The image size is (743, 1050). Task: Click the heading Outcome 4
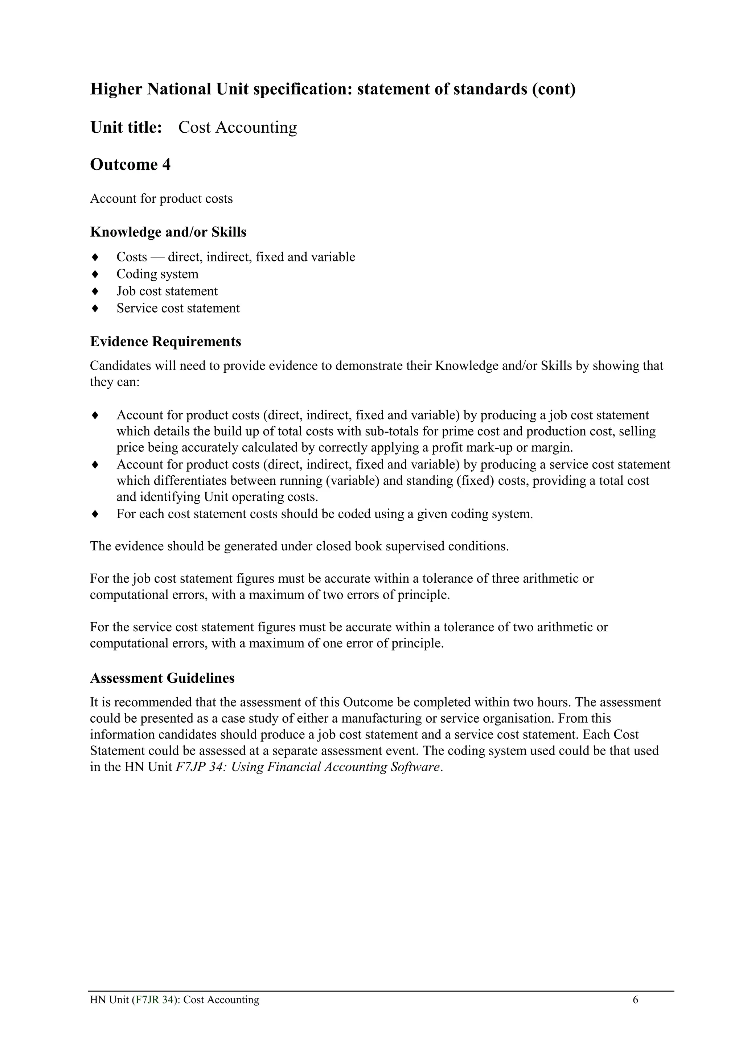(x=130, y=165)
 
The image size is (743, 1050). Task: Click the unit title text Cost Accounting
(x=238, y=127)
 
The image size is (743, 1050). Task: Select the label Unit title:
(x=126, y=127)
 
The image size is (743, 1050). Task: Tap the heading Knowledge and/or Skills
(x=168, y=232)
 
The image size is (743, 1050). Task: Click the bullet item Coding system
(x=157, y=274)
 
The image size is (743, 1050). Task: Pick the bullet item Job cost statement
(x=167, y=291)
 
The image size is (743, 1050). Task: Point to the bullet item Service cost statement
(x=178, y=308)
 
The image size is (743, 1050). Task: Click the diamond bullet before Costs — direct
(x=95, y=257)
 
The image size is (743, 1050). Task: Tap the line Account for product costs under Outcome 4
(x=161, y=198)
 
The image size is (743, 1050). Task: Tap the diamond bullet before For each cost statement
(x=95, y=514)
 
